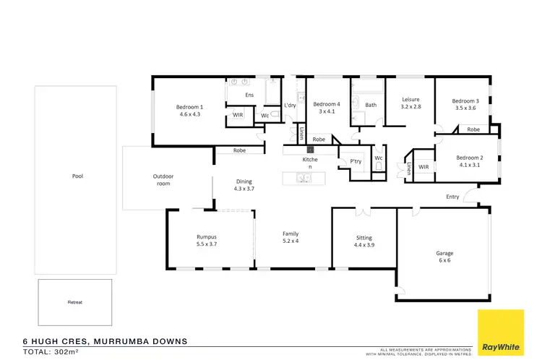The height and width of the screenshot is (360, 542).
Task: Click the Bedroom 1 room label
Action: [189, 107]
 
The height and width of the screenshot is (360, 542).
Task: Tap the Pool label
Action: [77, 176]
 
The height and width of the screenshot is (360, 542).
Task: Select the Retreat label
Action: [75, 301]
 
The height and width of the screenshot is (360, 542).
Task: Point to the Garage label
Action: [444, 254]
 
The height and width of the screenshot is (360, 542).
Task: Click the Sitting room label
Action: [364, 237]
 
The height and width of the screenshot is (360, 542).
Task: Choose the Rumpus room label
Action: [207, 237]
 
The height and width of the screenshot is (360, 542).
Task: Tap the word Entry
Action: [452, 197]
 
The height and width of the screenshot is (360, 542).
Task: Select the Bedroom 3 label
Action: [465, 100]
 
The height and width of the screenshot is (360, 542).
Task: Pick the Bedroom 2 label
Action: [469, 158]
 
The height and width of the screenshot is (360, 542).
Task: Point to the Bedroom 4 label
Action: [327, 104]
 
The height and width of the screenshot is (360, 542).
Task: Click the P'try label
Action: [356, 160]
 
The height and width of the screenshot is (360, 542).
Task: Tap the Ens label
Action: [249, 95]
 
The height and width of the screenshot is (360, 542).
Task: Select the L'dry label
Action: [290, 106]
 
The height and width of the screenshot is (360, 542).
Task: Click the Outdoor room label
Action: [163, 179]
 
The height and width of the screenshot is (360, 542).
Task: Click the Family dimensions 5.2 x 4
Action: [291, 241]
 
